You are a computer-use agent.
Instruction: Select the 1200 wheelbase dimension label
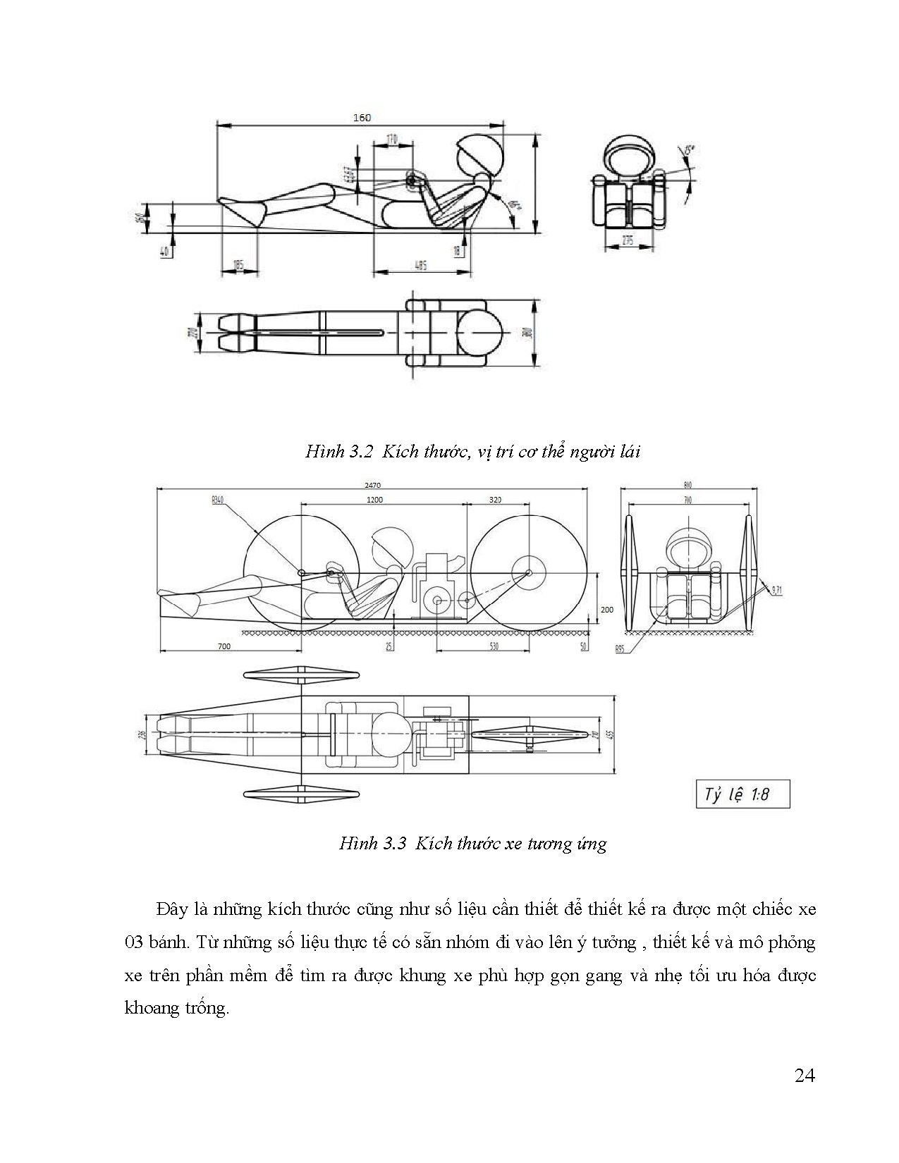click(x=374, y=500)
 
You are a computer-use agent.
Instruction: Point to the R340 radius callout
click(x=217, y=500)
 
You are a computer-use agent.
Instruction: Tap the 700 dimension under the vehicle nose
click(x=224, y=646)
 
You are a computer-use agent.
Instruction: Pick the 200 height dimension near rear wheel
click(x=607, y=609)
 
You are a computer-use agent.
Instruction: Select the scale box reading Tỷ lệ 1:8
click(x=742, y=794)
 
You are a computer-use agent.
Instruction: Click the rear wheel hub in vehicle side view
click(x=529, y=572)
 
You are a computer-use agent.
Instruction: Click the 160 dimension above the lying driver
click(x=361, y=118)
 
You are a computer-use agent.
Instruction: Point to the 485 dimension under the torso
click(x=421, y=265)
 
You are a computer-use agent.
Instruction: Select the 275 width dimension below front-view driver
click(x=628, y=241)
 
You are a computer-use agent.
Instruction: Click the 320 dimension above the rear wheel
click(x=495, y=500)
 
